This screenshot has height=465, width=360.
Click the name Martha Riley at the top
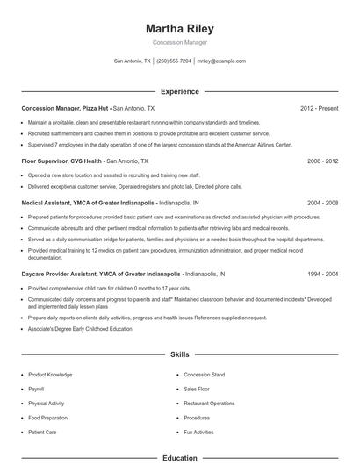[179, 28]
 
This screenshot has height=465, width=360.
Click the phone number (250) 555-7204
[174, 61]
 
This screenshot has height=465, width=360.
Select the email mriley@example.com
[221, 61]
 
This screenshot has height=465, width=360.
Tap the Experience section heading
[179, 91]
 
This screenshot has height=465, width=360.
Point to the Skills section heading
[179, 354]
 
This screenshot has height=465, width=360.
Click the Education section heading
[179, 458]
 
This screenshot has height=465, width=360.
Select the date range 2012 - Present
[319, 108]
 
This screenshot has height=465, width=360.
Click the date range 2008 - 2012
[322, 161]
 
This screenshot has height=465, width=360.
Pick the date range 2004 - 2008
[322, 202]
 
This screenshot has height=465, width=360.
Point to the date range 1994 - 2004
[322, 274]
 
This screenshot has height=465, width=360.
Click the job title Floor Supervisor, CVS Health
[61, 161]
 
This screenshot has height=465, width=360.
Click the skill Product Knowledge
[51, 375]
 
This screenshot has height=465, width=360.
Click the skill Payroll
[36, 389]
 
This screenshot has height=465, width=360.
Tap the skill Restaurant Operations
[209, 403]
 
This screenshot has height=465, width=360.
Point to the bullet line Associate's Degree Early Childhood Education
[80, 328]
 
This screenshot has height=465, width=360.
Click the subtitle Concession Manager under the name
[179, 42]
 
